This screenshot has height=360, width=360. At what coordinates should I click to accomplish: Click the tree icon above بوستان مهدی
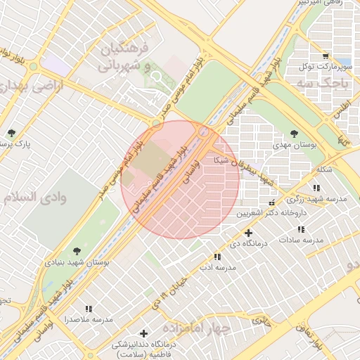(294, 134)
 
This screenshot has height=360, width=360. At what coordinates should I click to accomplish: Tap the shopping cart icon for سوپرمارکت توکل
(324, 56)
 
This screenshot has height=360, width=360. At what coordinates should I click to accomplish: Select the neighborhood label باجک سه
(330, 84)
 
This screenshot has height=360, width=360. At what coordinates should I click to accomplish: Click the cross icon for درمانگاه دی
(248, 233)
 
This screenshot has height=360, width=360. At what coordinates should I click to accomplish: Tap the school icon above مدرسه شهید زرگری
(316, 188)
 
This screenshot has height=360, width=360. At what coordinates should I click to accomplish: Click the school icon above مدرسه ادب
(216, 258)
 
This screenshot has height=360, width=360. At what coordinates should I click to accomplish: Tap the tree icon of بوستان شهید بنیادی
(76, 250)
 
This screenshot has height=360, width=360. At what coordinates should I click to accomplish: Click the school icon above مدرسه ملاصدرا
(89, 309)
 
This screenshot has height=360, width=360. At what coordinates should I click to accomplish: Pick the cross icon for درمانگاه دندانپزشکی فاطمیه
(144, 333)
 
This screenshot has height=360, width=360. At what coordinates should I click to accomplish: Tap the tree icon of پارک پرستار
(11, 133)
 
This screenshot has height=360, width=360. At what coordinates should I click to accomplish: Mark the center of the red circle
(180, 179)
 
